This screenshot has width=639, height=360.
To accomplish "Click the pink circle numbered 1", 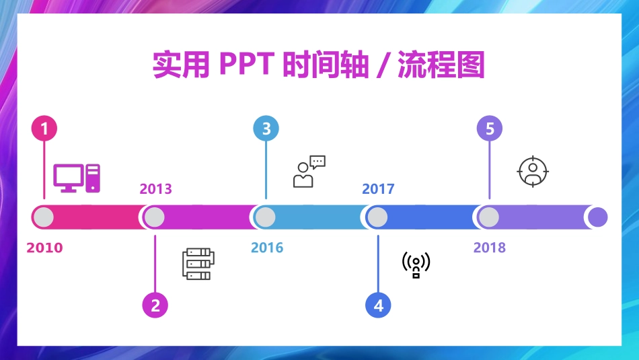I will pyautogui.click(x=44, y=129).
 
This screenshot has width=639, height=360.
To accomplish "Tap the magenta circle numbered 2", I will pyautogui.click(x=155, y=305).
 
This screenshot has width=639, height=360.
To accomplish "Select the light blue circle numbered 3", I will pyautogui.click(x=266, y=129).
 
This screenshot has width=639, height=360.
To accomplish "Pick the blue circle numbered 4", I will pyautogui.click(x=378, y=305).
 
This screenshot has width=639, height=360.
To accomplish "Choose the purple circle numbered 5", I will pyautogui.click(x=489, y=129).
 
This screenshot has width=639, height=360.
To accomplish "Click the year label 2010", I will pyautogui.click(x=44, y=248).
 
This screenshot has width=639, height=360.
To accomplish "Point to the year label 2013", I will pyautogui.click(x=155, y=189).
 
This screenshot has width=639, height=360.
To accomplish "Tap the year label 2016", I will pyautogui.click(x=267, y=248).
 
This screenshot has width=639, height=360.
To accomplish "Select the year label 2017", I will pyautogui.click(x=378, y=189).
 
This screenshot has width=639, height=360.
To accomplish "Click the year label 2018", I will pyautogui.click(x=489, y=248).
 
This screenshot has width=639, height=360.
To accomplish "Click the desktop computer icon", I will pyautogui.click(x=77, y=178).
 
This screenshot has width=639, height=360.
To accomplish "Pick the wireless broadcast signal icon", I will pyautogui.click(x=416, y=264).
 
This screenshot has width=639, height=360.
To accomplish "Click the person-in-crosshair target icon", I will pyautogui.click(x=533, y=171).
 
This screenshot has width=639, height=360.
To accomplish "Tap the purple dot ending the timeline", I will pyautogui.click(x=597, y=217).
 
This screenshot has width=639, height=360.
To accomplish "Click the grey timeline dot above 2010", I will pyautogui.click(x=44, y=217).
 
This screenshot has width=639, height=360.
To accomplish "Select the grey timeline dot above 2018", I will pyautogui.click(x=489, y=217).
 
